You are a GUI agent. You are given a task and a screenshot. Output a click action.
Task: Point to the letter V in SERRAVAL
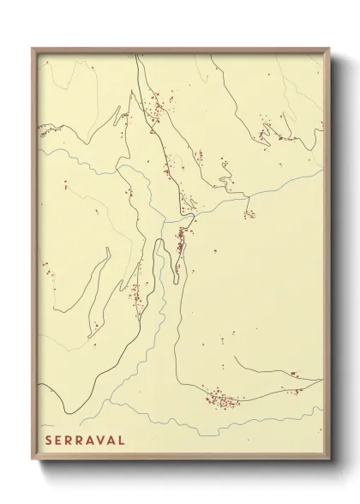point(99,441)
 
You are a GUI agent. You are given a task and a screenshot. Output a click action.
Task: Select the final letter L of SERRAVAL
point(122,441)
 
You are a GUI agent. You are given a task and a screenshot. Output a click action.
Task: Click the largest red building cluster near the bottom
point(220,399)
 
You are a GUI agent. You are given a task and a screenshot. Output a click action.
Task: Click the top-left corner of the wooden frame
point(33,47)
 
